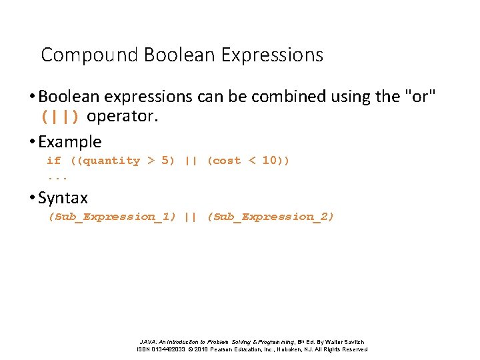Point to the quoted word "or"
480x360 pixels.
421,97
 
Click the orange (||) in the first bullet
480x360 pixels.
60,117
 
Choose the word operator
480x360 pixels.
123,117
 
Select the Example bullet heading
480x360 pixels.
70,142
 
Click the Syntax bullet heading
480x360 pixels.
63,198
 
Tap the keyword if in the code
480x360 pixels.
54,161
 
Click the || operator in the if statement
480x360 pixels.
191,161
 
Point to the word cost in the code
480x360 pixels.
227,161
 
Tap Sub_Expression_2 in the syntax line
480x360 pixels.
271,217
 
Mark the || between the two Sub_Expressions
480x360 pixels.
191,217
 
